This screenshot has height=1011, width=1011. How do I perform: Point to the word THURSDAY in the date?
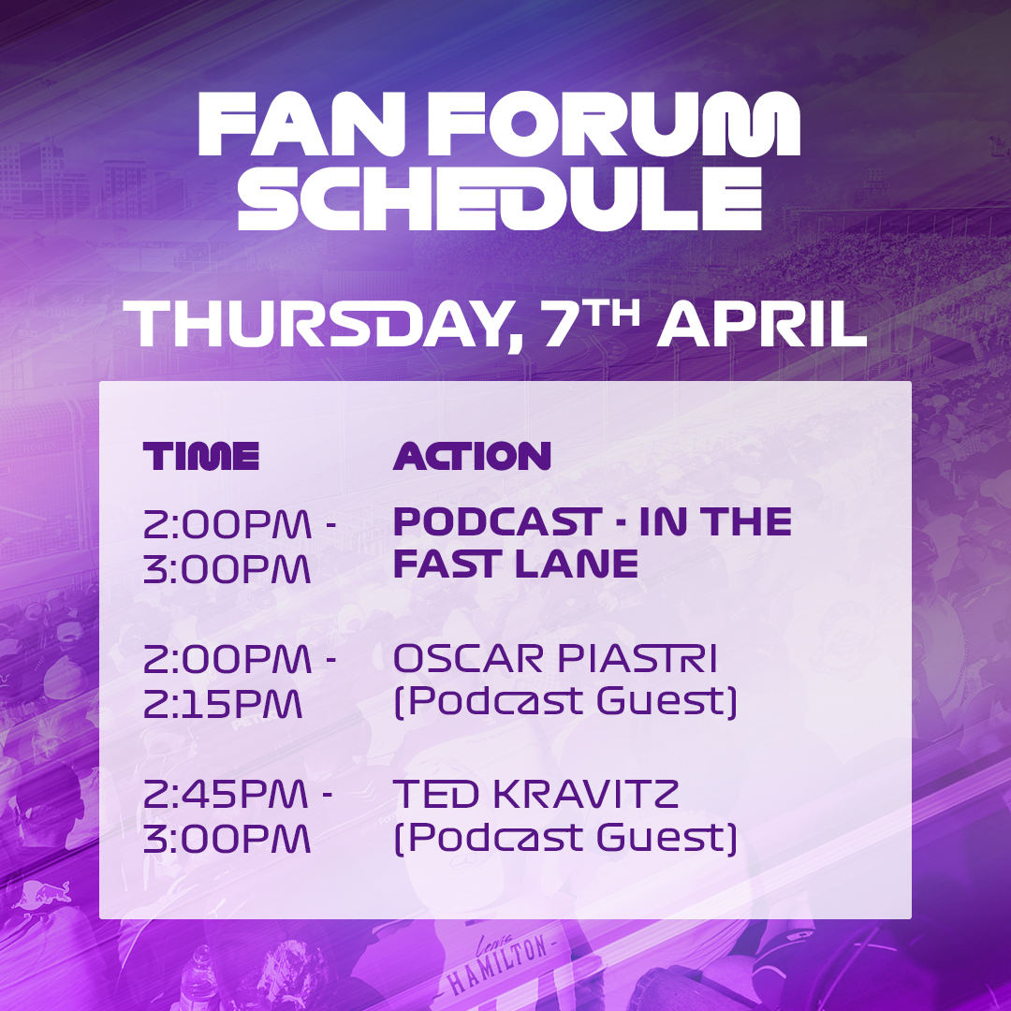319,325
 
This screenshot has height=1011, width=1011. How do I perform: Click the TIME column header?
200,457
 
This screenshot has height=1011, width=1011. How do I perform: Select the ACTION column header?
472,457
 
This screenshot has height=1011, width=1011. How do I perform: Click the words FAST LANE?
516,564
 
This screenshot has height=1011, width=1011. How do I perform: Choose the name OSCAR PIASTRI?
555,660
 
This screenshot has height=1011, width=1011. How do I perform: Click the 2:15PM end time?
222,703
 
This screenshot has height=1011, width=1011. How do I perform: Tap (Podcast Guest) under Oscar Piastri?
564,702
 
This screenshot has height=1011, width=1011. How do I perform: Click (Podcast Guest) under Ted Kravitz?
564,838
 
